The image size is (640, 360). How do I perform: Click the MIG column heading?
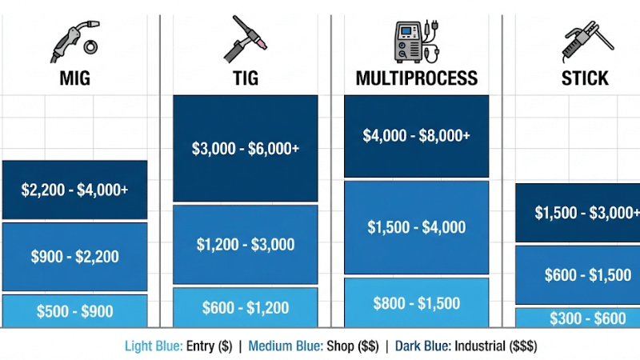coord(74,78)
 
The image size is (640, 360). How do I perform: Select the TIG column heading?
coord(246,78)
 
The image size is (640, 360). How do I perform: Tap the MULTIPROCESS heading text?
coord(416,78)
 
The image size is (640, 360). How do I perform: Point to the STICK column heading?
coord(585,78)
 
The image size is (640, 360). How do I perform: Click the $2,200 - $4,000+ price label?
coord(74,190)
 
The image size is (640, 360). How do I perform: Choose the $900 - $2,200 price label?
coord(74,257)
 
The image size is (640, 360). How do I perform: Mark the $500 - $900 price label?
coord(74,312)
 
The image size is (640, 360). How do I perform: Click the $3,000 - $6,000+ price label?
coord(246,148)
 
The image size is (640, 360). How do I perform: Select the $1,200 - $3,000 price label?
coord(246,245)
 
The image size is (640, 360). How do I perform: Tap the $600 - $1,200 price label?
coord(246,307)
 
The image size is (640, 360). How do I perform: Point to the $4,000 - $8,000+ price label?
coord(416,136)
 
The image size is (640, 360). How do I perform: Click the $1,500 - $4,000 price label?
coord(416,228)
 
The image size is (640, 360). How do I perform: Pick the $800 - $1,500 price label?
coord(416,303)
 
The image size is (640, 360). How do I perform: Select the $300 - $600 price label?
coord(587,318)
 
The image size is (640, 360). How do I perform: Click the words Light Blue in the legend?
coord(152,346)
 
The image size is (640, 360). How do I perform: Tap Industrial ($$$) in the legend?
coord(496,346)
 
